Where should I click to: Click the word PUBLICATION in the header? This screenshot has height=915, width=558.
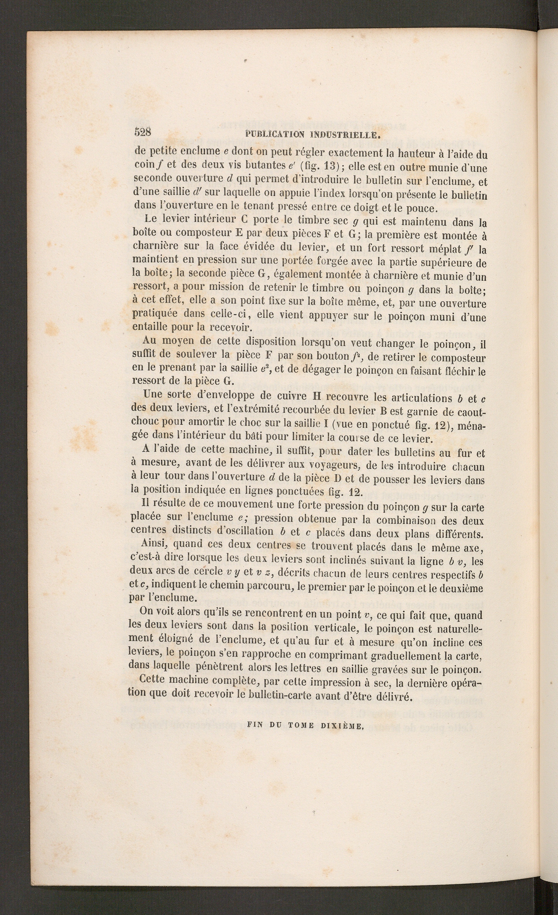pos(275,134)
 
